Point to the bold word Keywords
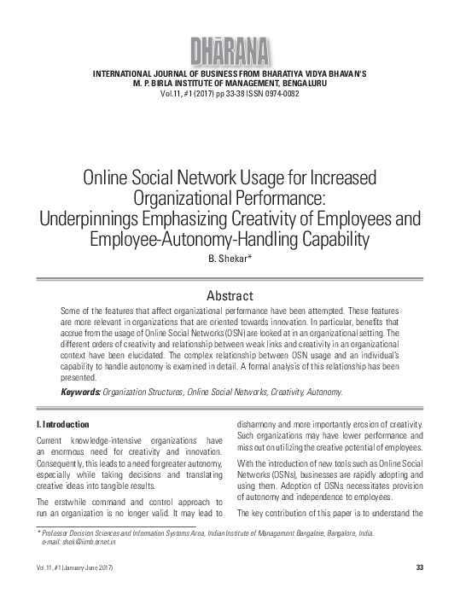[79, 392]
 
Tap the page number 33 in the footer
[419, 568]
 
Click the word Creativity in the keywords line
[285, 392]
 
